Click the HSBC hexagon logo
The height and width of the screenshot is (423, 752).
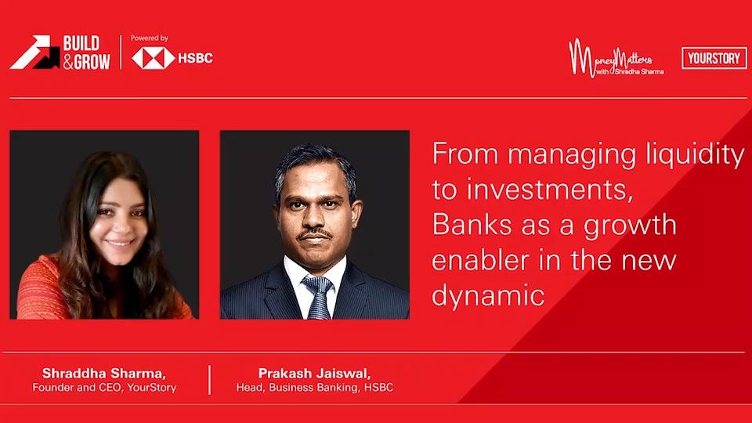click(x=153, y=59)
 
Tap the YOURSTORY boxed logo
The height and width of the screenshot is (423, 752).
click(x=714, y=58)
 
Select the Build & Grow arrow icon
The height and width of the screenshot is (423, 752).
click(x=34, y=52)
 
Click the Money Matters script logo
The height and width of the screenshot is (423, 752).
click(x=616, y=58)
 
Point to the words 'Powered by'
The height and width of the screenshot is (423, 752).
click(x=149, y=38)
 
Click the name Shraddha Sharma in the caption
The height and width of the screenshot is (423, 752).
click(x=103, y=373)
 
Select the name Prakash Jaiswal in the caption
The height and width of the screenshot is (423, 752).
click(x=314, y=373)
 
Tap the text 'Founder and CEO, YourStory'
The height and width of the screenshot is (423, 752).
click(x=104, y=387)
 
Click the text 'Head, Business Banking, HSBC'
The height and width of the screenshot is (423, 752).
click(x=315, y=387)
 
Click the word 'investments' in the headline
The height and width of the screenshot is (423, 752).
click(x=546, y=190)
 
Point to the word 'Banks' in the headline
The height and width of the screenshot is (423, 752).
click(x=472, y=224)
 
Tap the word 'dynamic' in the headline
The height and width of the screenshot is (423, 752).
click(x=488, y=295)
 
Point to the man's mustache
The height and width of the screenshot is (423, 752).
click(x=314, y=234)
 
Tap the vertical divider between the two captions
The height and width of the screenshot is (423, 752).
click(x=210, y=380)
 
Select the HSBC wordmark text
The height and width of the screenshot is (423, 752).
click(x=195, y=59)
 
